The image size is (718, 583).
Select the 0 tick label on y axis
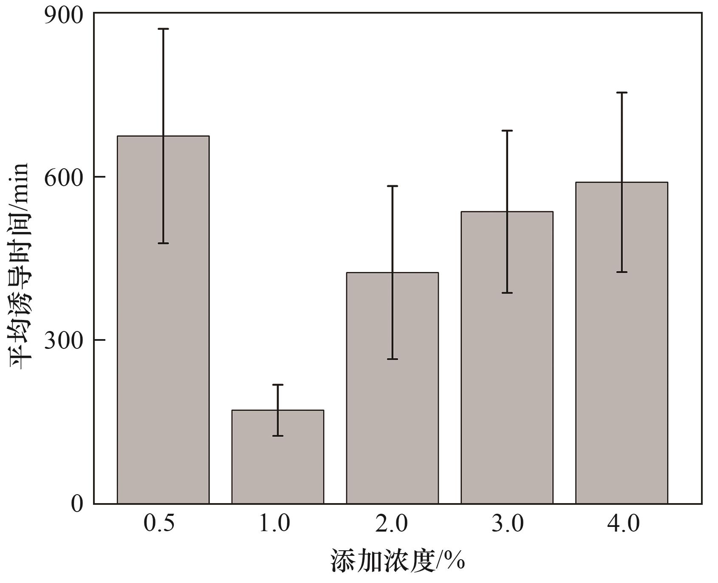pyautogui.click(x=77, y=504)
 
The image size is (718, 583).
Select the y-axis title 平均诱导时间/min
pyautogui.click(x=19, y=266)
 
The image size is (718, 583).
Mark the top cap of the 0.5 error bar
pyautogui.click(x=163, y=29)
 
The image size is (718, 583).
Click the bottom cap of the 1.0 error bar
pyautogui.click(x=278, y=436)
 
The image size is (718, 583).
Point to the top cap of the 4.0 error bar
pyautogui.click(x=622, y=93)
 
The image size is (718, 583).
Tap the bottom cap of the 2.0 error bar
pyautogui.click(x=393, y=359)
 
